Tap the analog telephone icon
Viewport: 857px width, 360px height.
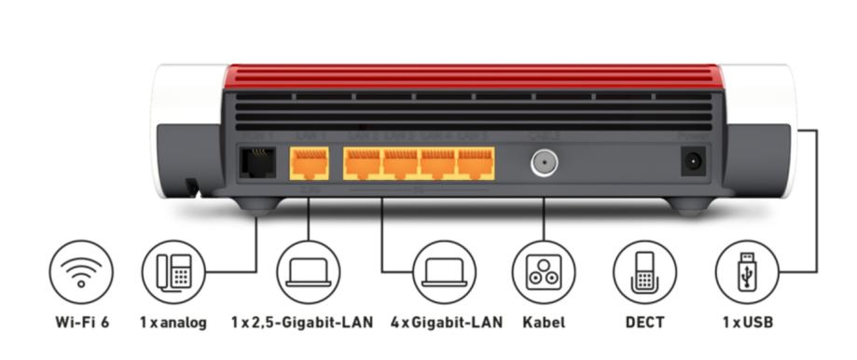pos(173,272)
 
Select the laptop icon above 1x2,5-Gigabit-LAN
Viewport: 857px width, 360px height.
pos(309,272)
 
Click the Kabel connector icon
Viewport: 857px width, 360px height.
pos(543,272)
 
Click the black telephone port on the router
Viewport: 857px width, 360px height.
pos(257,164)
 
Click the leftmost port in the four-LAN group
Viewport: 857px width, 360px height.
pos(362,164)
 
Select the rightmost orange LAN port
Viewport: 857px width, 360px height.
pos(476,164)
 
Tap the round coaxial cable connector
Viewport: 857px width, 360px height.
pos(543,164)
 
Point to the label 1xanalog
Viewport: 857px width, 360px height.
pos(173,323)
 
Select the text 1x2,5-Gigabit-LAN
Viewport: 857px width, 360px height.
pos(301,323)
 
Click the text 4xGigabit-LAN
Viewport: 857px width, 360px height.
pos(446,323)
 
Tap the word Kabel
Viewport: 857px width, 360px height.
pos(544,323)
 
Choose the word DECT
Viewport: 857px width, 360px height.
pos(644,323)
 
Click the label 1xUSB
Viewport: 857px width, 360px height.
pos(747,323)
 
